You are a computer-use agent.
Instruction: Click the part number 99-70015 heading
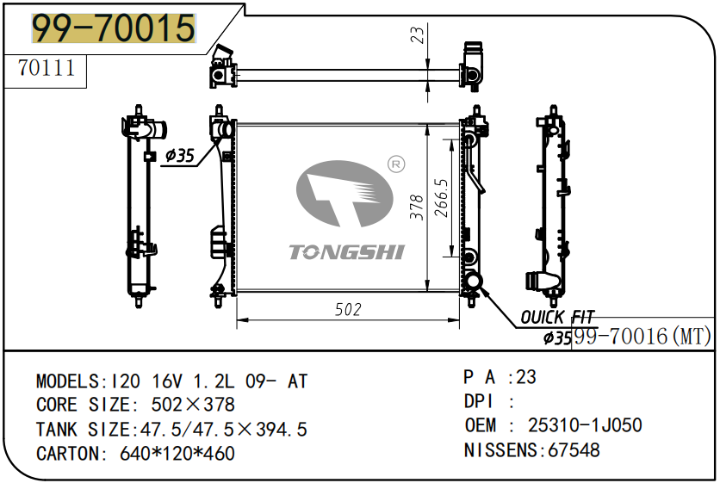click(114, 28)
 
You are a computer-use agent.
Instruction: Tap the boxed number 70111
click(47, 68)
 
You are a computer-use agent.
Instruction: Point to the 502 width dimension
click(347, 310)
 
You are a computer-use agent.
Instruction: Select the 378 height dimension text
click(417, 207)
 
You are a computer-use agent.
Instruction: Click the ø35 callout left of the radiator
click(180, 156)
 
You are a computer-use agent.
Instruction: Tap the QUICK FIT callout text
click(556, 319)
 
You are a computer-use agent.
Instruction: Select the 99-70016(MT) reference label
click(642, 337)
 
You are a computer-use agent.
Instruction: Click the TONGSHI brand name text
click(346, 251)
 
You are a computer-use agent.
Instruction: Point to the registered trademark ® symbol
click(396, 164)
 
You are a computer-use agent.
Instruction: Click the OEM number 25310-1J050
click(584, 425)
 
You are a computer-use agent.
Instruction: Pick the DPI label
click(481, 401)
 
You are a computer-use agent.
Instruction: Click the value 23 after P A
click(526, 377)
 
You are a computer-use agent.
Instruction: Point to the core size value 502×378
click(193, 405)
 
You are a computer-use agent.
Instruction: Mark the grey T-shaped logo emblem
click(338, 195)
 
